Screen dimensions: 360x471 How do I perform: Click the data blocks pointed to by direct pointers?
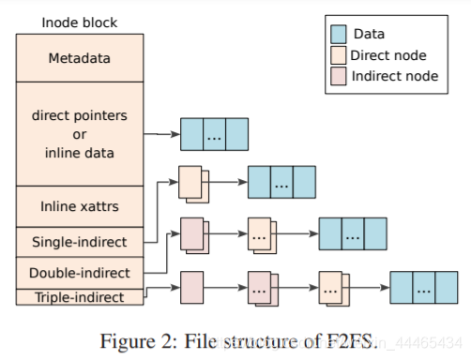(214, 134)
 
